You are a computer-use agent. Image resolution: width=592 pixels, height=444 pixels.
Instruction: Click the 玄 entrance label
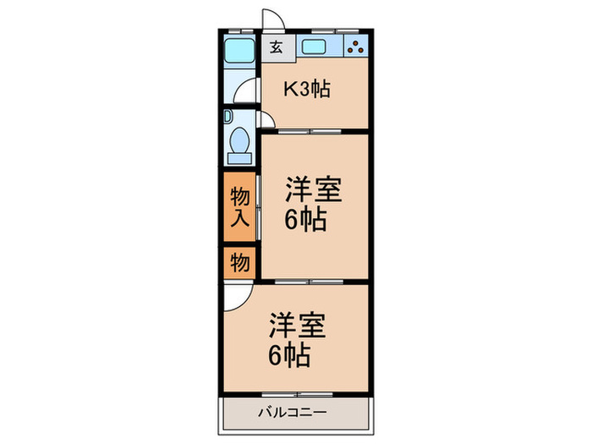276,47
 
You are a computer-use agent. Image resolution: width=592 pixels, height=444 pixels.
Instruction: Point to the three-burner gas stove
356,47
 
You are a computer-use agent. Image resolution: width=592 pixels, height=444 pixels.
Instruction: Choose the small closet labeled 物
239,263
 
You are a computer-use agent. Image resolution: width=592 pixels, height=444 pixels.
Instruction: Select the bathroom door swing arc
246,90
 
